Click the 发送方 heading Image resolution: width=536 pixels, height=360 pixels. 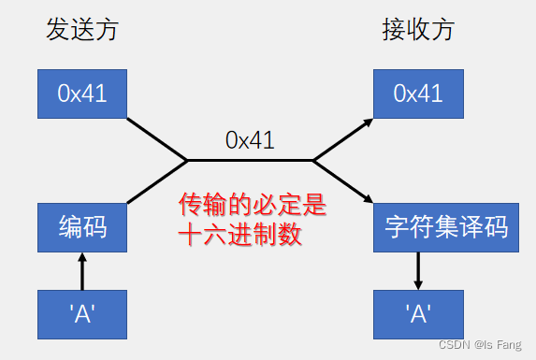[x=82, y=30]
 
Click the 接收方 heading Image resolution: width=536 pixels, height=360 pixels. [x=418, y=30]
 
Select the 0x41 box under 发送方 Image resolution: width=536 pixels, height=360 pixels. [x=80, y=93]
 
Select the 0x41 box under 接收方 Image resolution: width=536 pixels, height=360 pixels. [x=418, y=93]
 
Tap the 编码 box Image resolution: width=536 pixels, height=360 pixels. [x=80, y=226]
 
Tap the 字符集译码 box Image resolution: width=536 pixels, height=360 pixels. [x=445, y=226]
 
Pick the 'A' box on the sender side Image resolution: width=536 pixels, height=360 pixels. [x=80, y=314]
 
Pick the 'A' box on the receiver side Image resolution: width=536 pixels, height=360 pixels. [x=418, y=314]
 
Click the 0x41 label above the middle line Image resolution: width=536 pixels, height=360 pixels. [x=250, y=140]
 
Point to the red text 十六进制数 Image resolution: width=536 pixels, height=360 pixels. [x=240, y=234]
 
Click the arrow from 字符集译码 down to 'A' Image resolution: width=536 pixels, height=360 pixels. [x=418, y=270]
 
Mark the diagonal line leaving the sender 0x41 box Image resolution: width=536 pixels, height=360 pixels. [x=157, y=139]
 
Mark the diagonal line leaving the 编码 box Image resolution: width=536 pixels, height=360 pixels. [x=157, y=182]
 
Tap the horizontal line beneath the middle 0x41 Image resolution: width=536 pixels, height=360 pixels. [x=250, y=160]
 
